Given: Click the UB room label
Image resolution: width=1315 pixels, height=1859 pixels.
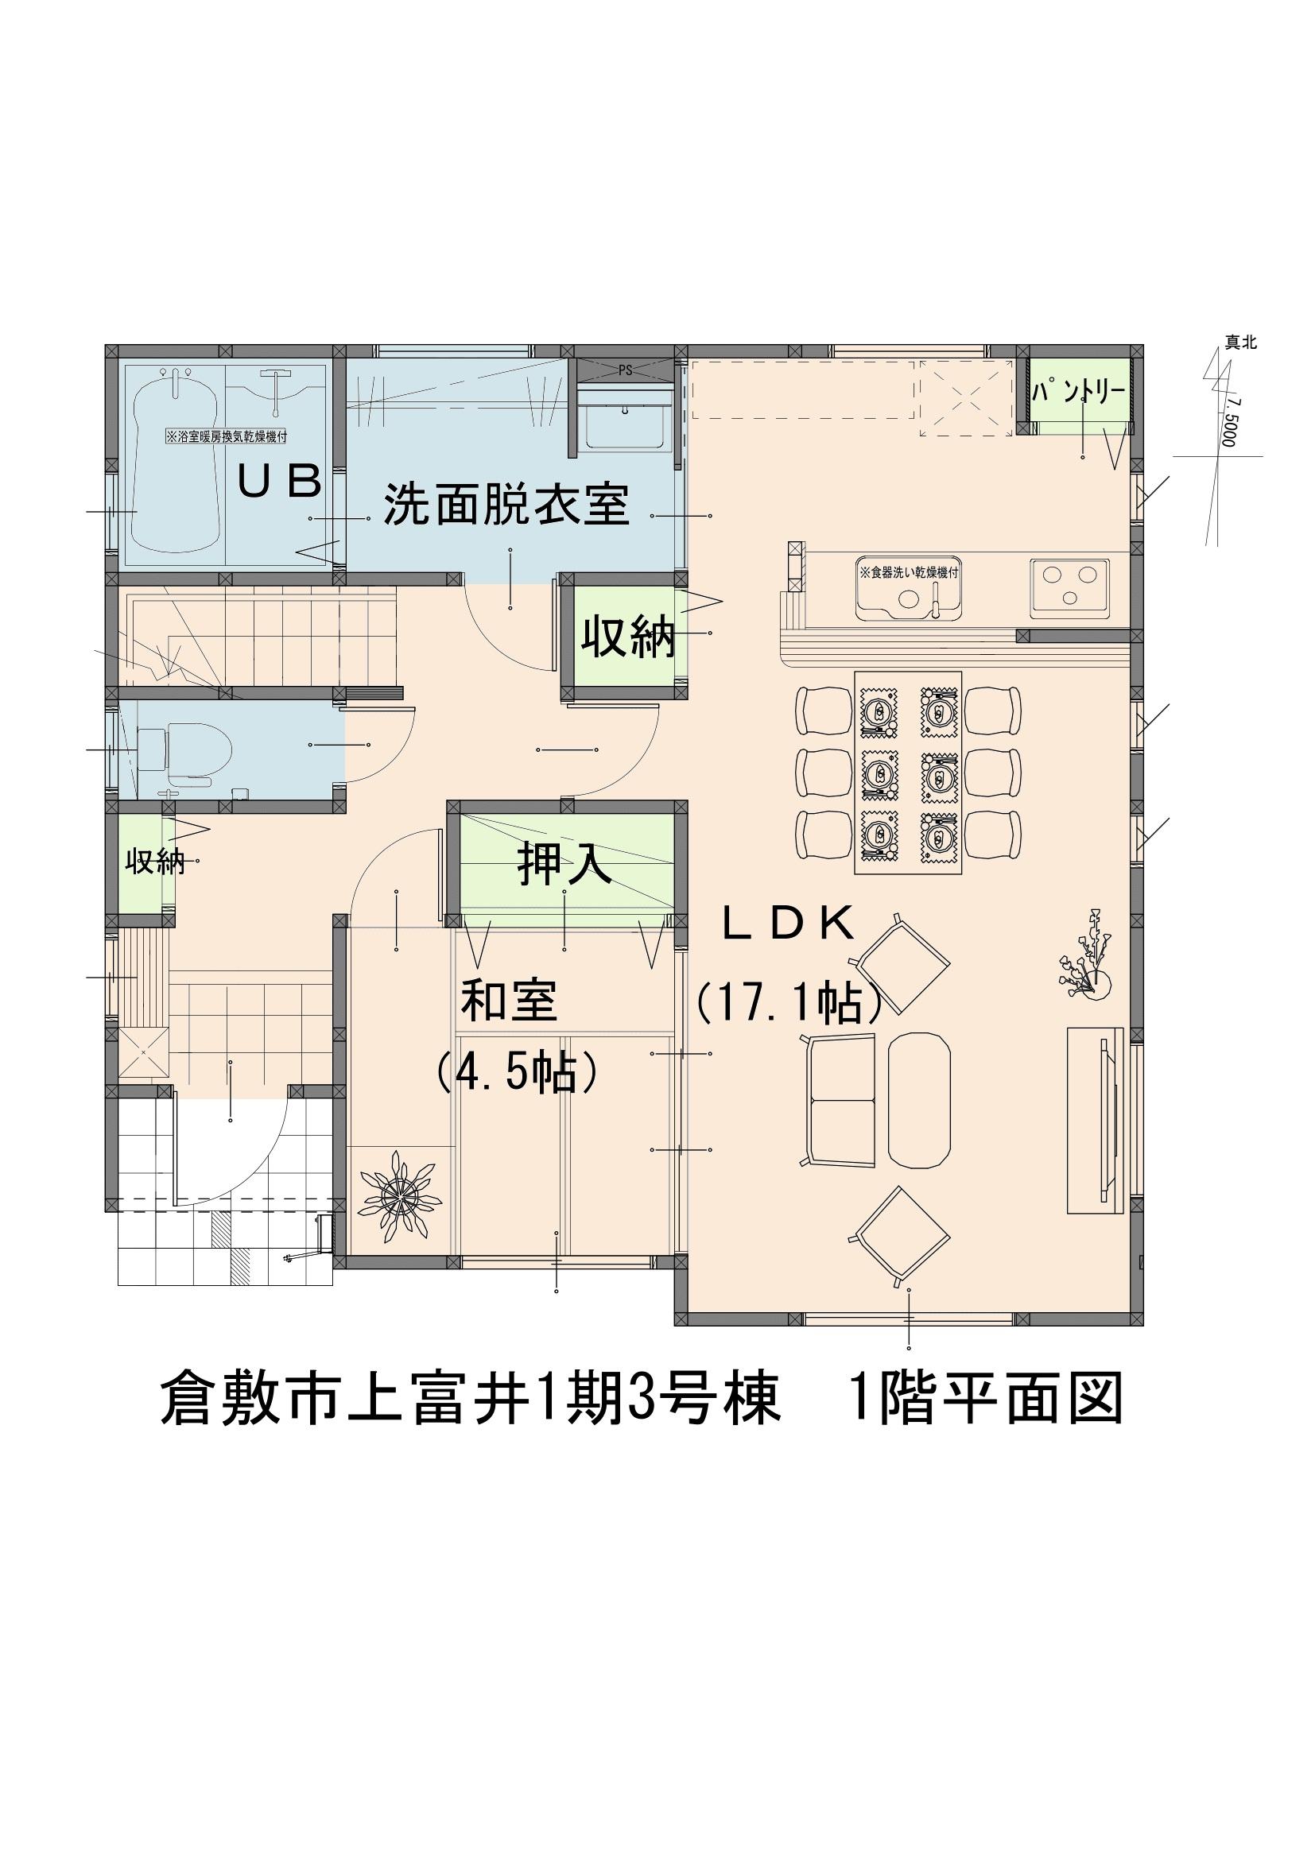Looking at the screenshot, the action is [279, 482].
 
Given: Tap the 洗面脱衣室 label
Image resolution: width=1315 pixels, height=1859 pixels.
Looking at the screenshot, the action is [506, 505].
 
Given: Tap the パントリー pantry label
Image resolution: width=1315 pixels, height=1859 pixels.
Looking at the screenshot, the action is [1079, 393].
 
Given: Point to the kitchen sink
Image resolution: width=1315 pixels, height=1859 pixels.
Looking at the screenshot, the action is [909, 587].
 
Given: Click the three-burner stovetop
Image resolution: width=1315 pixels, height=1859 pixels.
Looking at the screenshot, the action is [1069, 586].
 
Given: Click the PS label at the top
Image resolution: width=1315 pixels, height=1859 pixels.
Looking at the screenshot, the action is [625, 371].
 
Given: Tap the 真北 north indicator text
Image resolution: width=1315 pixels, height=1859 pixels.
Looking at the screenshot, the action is [1240, 343].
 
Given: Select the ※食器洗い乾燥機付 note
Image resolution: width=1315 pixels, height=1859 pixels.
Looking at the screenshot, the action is [909, 572].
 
